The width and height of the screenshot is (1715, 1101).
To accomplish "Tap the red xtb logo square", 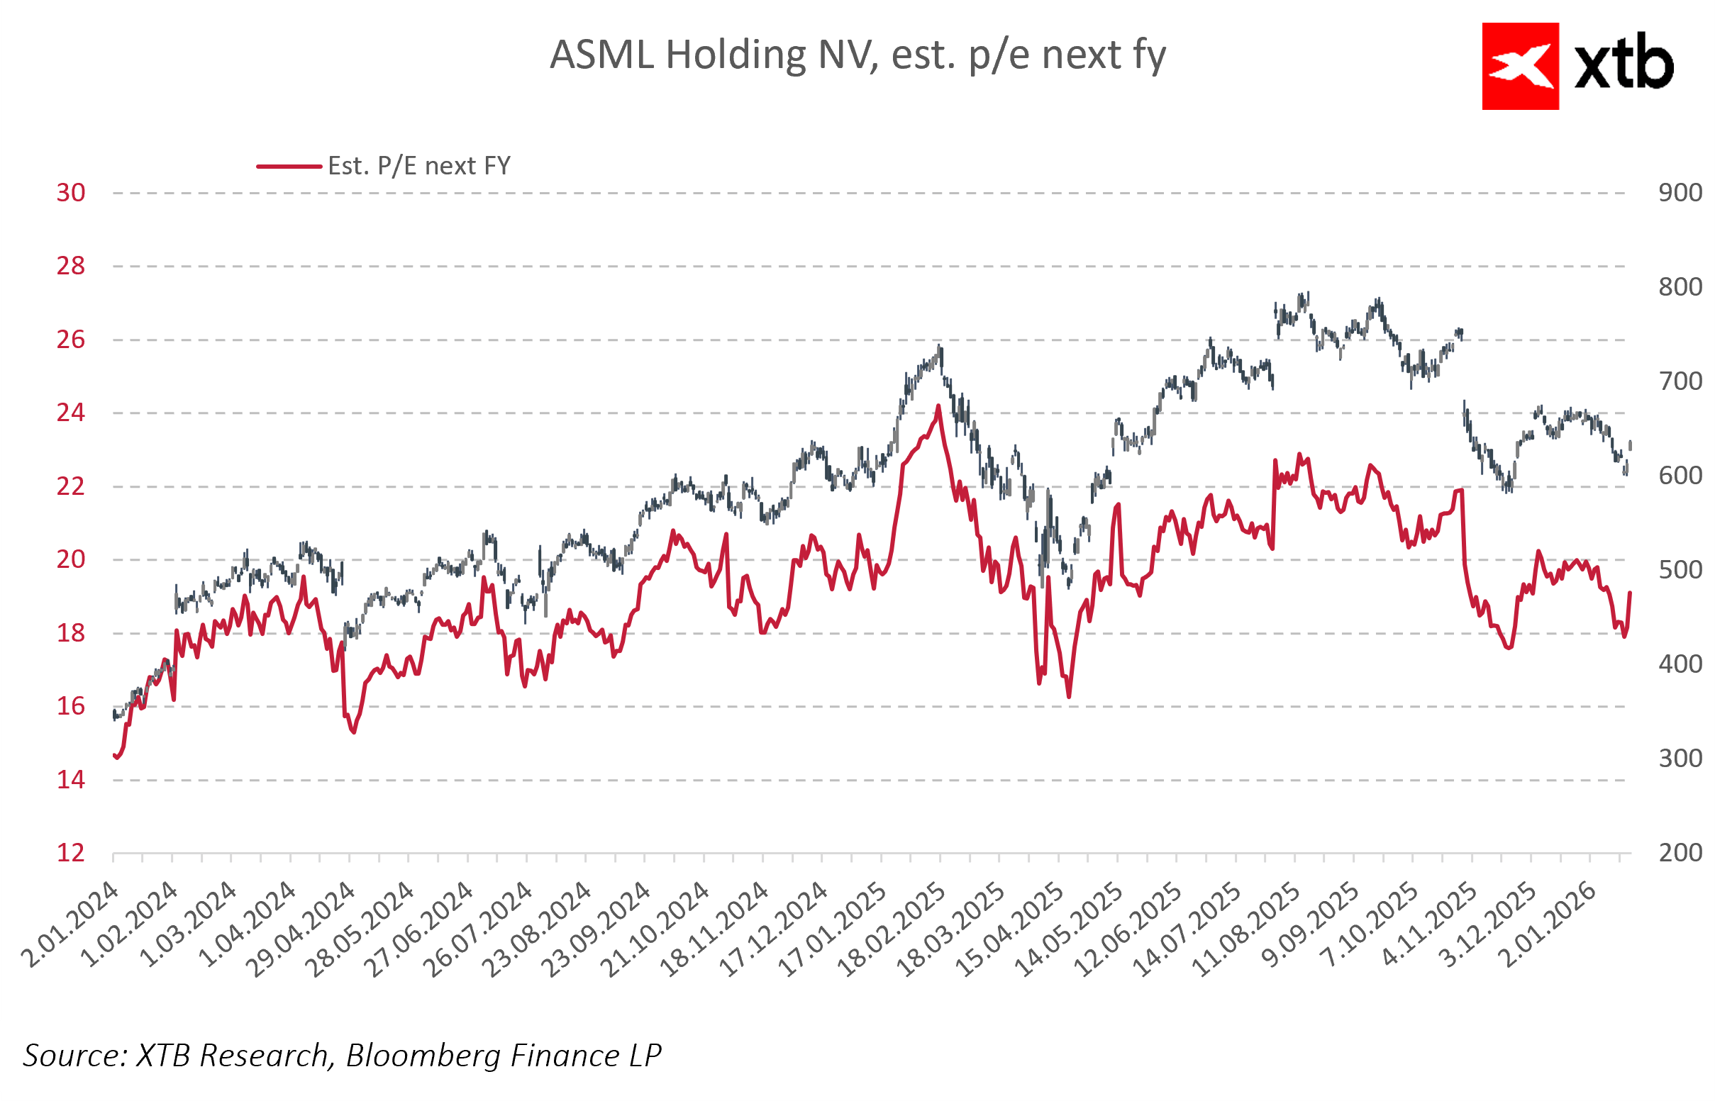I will click(x=1520, y=67).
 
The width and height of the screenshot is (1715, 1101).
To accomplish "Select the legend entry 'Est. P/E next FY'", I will click(x=418, y=166).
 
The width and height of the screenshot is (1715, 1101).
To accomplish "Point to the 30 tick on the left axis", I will click(x=71, y=193).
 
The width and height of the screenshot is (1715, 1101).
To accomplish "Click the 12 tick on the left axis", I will click(x=71, y=853).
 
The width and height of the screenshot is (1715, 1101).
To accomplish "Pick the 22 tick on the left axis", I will click(x=71, y=487).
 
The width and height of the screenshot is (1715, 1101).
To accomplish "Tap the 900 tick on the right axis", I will click(x=1680, y=193).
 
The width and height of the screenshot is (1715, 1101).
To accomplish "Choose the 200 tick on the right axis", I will click(x=1680, y=853).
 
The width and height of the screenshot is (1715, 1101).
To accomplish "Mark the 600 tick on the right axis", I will click(x=1680, y=476).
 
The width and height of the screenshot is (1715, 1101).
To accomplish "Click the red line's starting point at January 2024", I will click(x=114, y=755).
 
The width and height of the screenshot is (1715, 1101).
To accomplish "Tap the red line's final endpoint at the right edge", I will click(x=1630, y=593).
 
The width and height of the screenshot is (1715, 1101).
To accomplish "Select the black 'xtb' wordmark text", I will click(x=1624, y=65).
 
